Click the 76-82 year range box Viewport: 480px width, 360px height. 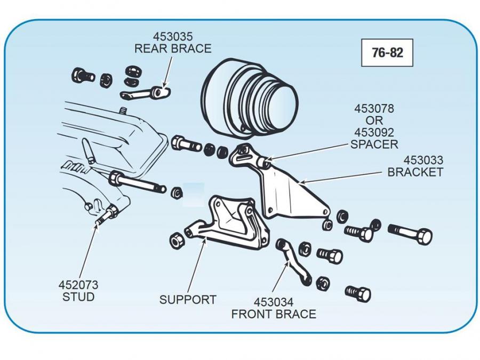pos(387,53)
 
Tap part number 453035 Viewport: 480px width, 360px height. pos(173,37)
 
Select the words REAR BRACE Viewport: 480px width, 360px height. pos(173,49)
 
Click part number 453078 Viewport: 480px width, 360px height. pos(374,109)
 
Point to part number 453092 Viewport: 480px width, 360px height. pos(374,132)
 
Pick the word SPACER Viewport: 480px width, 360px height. pos(374,144)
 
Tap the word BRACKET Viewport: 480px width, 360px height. pos(415,172)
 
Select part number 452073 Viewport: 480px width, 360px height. pos(78,285)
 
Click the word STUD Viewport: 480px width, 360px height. pos(78,297)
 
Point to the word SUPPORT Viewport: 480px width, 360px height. pos(188,300)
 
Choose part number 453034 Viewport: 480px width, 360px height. pos(274,302)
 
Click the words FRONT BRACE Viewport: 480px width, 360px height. pos(274,314)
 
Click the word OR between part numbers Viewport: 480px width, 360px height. pos(374,121)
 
